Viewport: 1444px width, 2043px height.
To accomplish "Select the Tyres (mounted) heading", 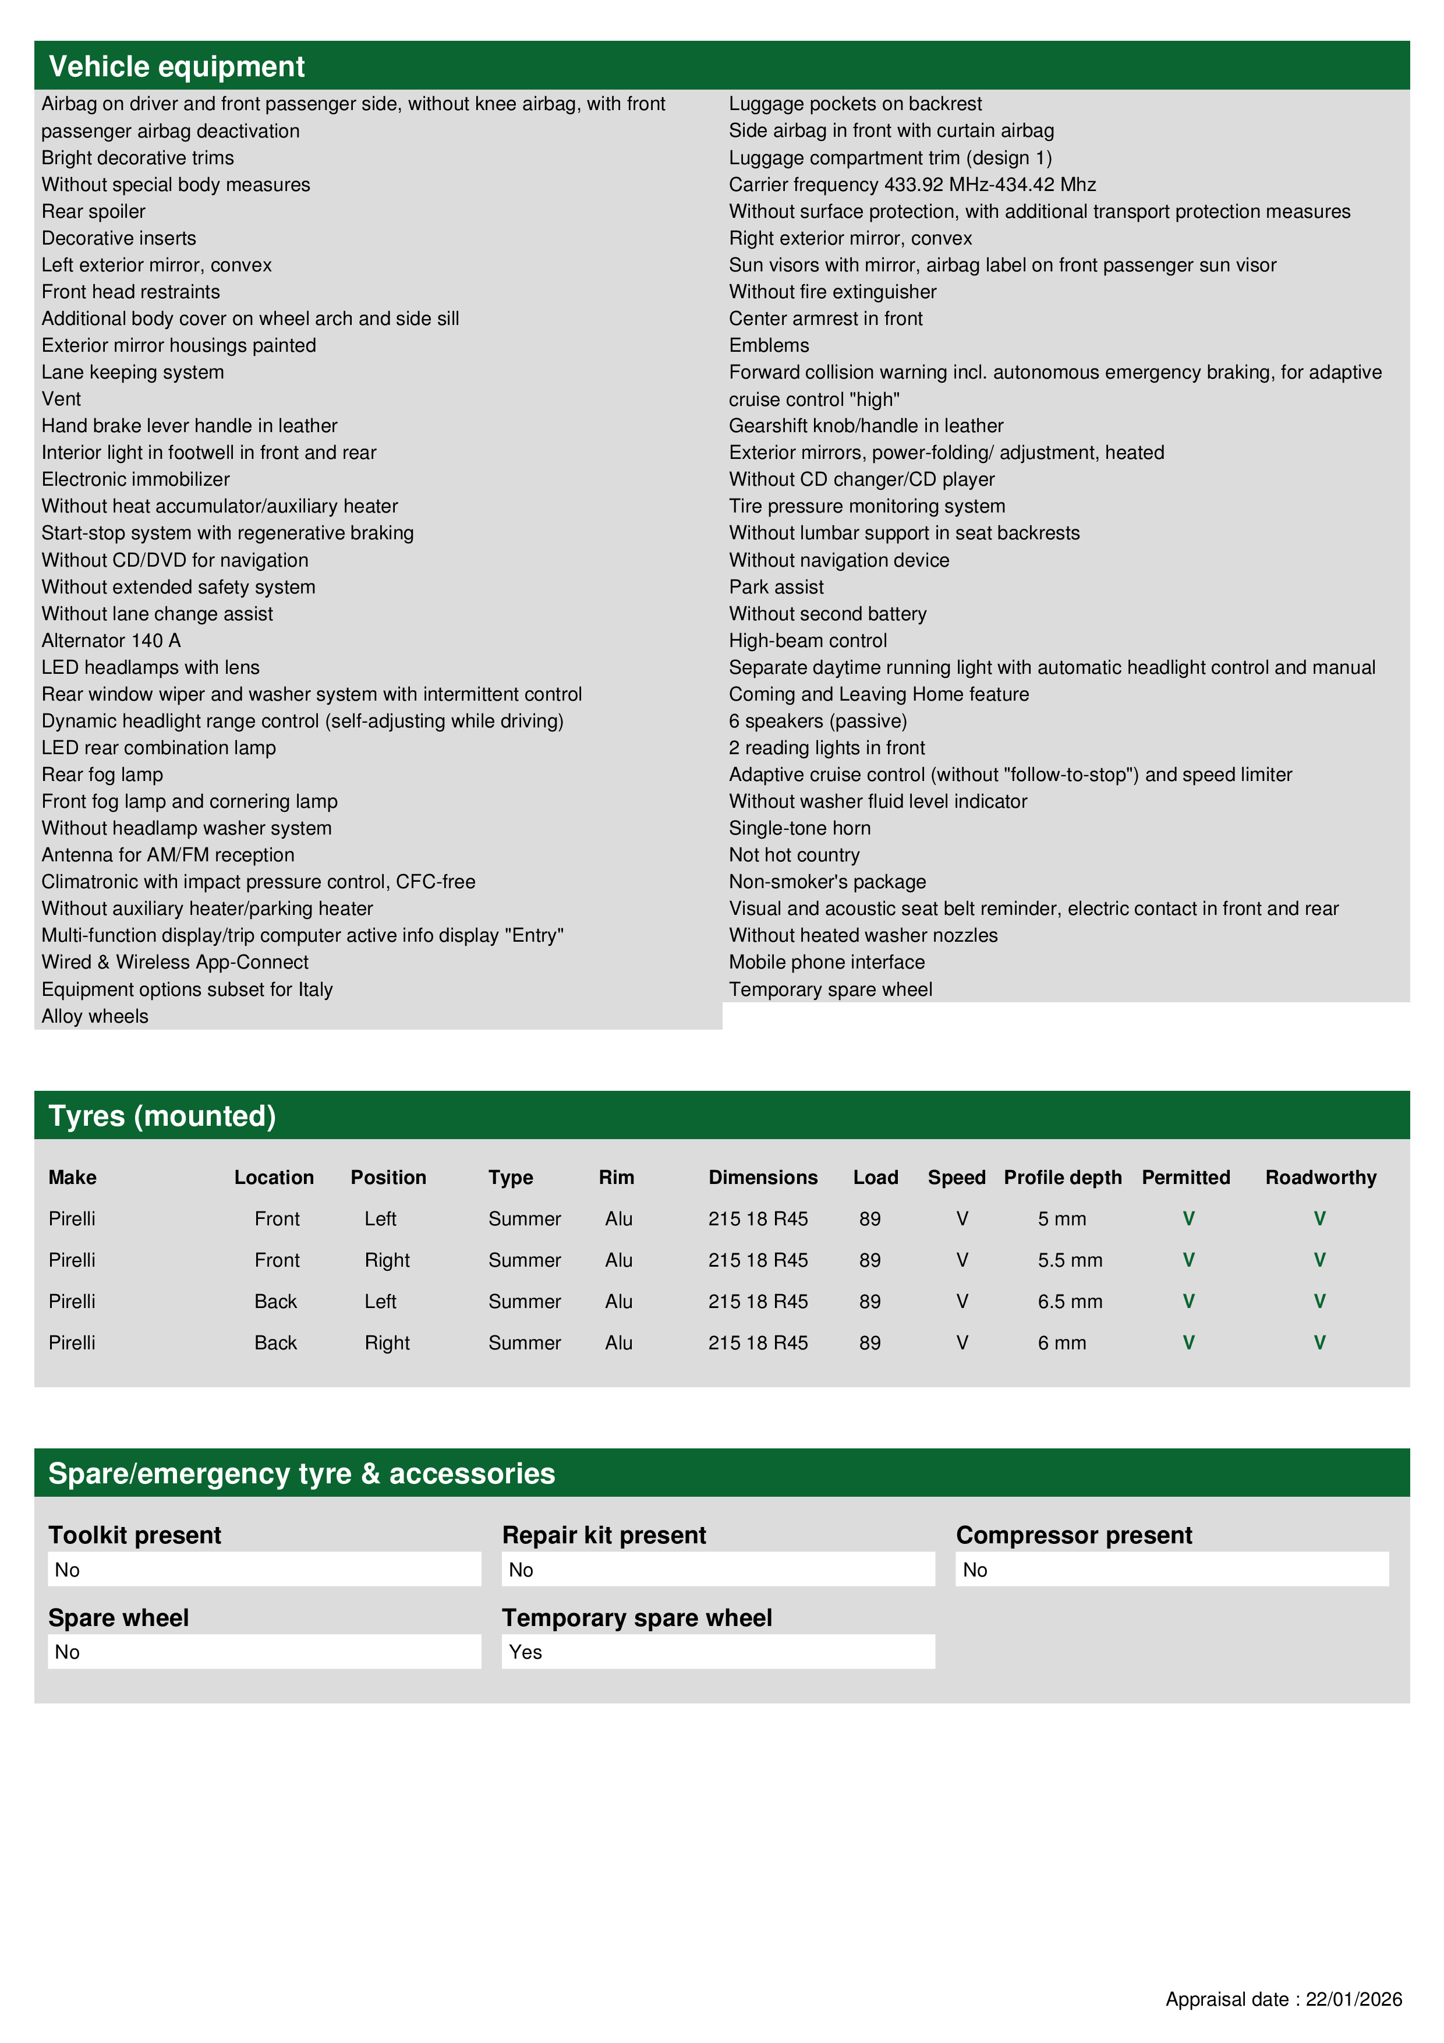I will coord(162,1116).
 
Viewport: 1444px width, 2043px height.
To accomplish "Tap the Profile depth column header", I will coord(1062,1177).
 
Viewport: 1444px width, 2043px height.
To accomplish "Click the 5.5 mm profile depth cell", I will coord(1070,1260).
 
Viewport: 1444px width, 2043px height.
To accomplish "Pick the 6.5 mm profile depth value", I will coord(1070,1302).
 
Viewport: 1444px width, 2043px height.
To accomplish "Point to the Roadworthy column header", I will coord(1321,1177).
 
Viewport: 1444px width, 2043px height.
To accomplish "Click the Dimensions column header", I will coord(763,1177).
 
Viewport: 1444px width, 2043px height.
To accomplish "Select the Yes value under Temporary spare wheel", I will coord(526,1652).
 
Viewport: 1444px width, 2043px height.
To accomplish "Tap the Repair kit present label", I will coord(604,1535).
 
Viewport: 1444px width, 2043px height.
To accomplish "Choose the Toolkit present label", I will coord(135,1535).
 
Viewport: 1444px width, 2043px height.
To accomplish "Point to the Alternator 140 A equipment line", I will coord(111,641).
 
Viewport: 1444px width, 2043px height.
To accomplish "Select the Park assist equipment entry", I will coord(776,587).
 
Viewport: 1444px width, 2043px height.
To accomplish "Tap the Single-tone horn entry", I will coord(799,828).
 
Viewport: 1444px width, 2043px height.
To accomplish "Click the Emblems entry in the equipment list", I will coord(769,345).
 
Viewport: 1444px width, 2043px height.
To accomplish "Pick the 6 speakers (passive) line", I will coord(817,721).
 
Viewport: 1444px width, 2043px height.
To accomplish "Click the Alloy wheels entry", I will coord(95,1016).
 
